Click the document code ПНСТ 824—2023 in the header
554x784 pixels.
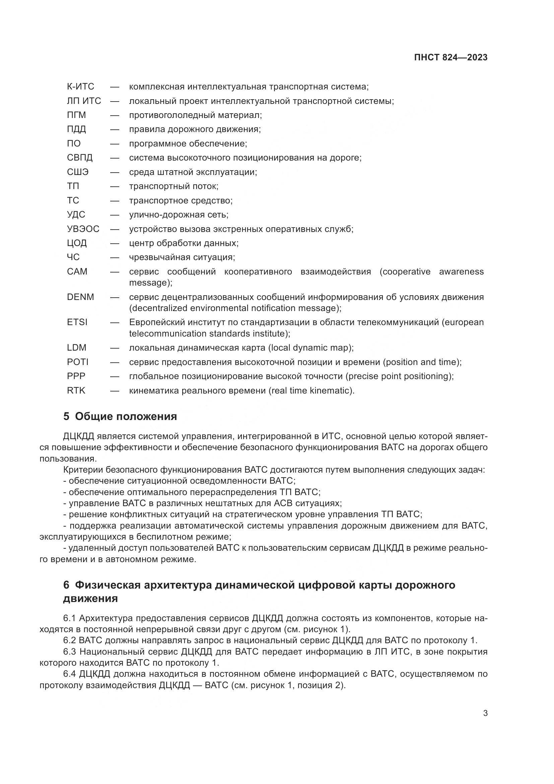click(x=451, y=57)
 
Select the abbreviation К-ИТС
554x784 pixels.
click(x=80, y=87)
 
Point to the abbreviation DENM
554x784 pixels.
click(x=80, y=297)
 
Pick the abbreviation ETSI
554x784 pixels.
click(x=77, y=322)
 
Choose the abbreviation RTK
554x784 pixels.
click(x=76, y=390)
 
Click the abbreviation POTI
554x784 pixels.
click(x=78, y=362)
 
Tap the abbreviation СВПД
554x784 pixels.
click(x=80, y=158)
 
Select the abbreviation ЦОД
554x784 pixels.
click(x=77, y=243)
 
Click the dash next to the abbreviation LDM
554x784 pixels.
click(x=115, y=348)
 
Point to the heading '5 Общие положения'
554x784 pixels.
click(x=120, y=417)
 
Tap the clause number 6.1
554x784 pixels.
click(x=70, y=618)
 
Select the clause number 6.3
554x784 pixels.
click(x=70, y=652)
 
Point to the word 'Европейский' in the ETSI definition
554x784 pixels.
click(x=159, y=322)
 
